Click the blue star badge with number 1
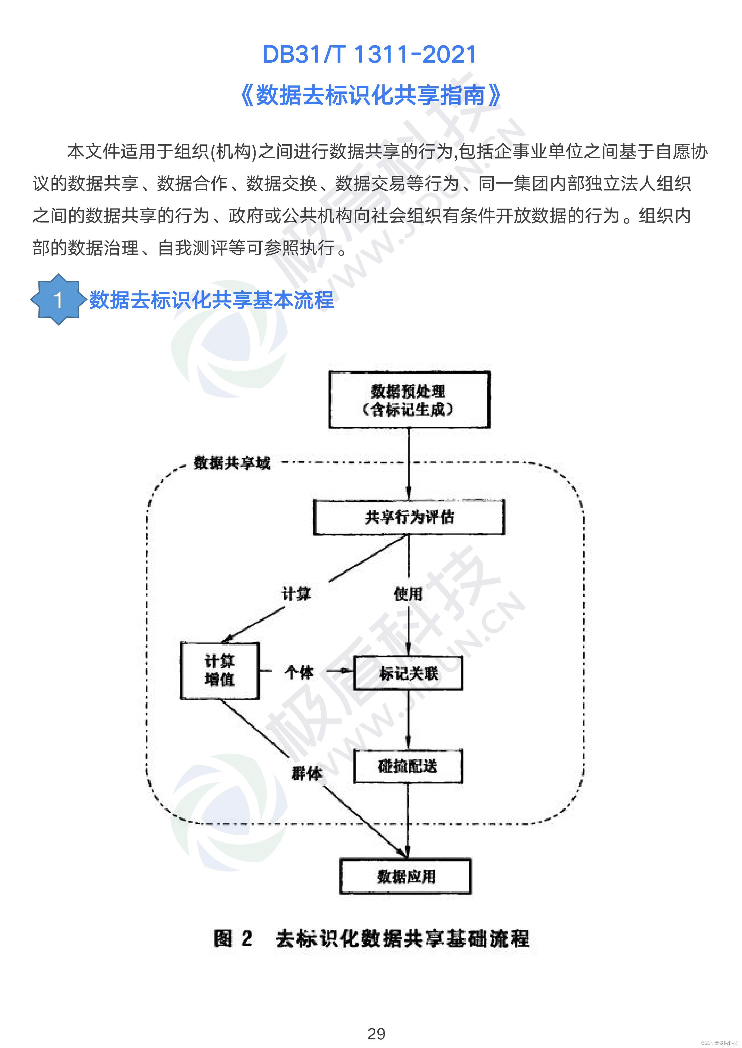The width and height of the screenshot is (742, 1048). point(58,300)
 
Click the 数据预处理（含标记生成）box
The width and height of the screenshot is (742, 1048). point(409,400)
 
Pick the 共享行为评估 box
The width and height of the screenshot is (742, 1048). point(409,517)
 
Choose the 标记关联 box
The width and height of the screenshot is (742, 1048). point(408,673)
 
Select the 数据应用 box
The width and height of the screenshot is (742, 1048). point(406,876)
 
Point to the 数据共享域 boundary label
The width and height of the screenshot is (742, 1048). point(232,463)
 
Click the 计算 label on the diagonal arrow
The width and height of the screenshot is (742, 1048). point(296,594)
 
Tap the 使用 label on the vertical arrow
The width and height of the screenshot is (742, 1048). point(408,594)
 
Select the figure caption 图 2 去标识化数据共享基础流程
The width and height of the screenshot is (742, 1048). point(371,939)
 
